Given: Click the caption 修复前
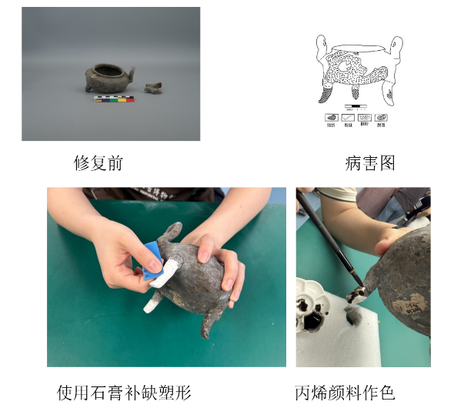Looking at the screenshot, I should click(x=98, y=163).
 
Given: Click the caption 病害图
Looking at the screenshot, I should click(x=369, y=163).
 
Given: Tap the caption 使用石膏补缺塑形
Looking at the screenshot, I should click(x=124, y=393).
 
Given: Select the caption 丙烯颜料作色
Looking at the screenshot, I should click(x=345, y=393).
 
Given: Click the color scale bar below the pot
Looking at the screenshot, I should click(x=114, y=99).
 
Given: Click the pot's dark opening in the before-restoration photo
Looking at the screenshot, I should click(x=109, y=72).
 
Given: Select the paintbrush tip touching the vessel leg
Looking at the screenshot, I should click(x=355, y=293).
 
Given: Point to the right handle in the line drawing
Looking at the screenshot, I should click(x=396, y=48).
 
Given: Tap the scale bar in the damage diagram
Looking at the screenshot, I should click(x=356, y=105).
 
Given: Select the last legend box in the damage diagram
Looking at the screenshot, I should click(x=381, y=118).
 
